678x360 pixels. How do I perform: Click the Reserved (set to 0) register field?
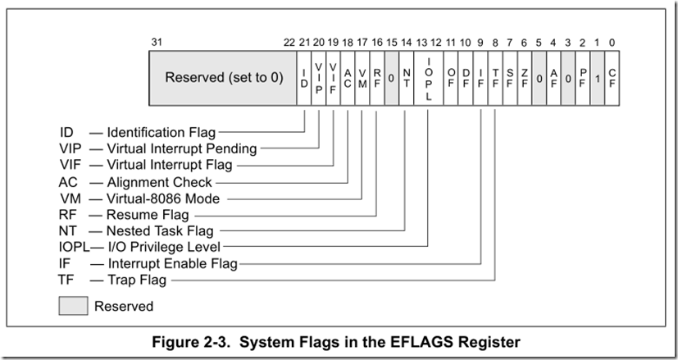pyautogui.click(x=223, y=78)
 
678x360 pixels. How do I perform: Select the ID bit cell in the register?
pyautogui.click(x=304, y=78)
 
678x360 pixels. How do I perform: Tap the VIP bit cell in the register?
pyautogui.click(x=319, y=78)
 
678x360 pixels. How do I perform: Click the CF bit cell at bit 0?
pyautogui.click(x=611, y=78)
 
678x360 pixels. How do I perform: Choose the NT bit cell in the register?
pyautogui.click(x=406, y=78)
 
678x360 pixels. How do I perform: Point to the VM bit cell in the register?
pyautogui.click(x=362, y=78)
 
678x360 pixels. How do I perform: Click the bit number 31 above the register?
pyautogui.click(x=157, y=42)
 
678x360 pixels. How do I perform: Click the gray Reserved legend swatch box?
pyautogui.click(x=72, y=306)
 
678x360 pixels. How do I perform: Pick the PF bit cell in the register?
pyautogui.click(x=581, y=78)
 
